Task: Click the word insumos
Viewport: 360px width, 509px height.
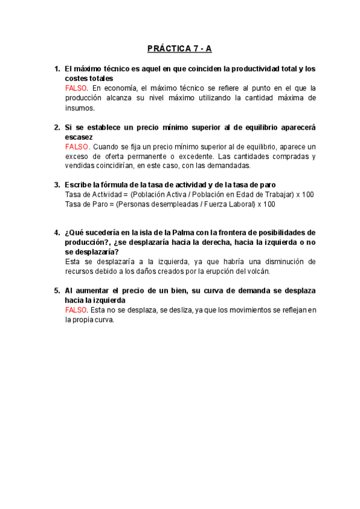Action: click(x=80, y=108)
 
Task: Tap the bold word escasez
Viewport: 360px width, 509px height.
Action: click(x=79, y=137)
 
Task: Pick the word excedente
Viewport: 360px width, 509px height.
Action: click(x=220, y=156)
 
